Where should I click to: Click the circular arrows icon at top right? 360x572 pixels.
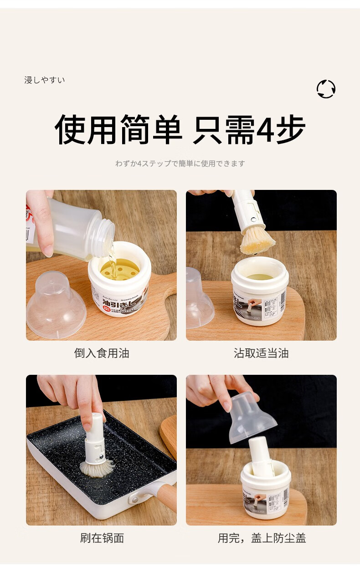[x=326, y=89]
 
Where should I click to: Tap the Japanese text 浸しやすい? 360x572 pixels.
[x=45, y=80]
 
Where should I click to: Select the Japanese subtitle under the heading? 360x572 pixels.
[x=180, y=163]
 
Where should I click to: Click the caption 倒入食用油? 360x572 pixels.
[x=101, y=353]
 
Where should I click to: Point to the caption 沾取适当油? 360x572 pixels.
[x=261, y=353]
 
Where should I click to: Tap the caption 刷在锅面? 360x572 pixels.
[x=102, y=538]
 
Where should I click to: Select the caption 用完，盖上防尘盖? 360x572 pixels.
[x=262, y=538]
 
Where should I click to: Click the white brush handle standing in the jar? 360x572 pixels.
[x=262, y=455]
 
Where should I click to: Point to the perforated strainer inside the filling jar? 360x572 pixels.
[x=119, y=266]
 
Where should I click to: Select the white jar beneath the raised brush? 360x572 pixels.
[x=260, y=291]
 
